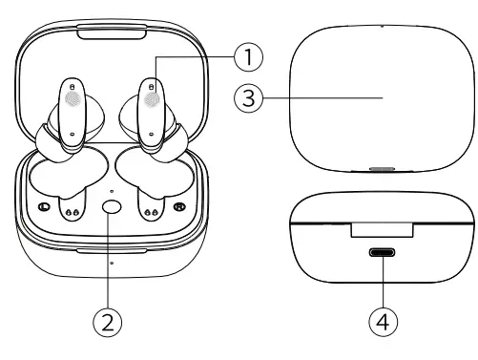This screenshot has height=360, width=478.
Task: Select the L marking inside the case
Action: (x=43, y=207)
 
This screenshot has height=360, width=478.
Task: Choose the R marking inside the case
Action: (x=178, y=207)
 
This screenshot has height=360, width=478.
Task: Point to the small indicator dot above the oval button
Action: (x=111, y=192)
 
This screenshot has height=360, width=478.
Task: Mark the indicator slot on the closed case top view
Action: (x=384, y=173)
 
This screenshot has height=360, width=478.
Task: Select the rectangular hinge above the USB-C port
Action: (x=383, y=229)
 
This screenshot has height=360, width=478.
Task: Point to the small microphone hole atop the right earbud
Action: (x=150, y=86)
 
